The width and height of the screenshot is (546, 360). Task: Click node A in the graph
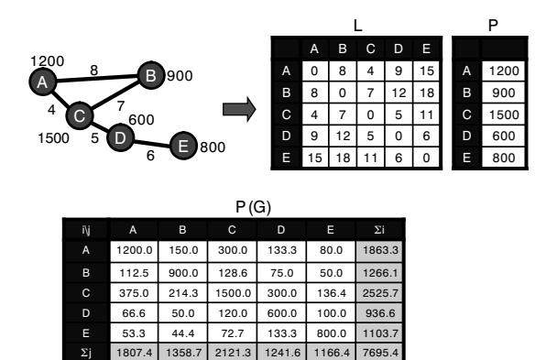click(x=42, y=82)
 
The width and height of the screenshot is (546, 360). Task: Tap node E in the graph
click(x=183, y=146)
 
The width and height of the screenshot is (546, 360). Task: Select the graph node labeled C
click(x=80, y=115)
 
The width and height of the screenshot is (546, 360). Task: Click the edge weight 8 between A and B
click(x=94, y=71)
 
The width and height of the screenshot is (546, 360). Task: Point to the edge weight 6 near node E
click(x=150, y=156)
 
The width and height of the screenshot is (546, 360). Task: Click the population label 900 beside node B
click(x=180, y=76)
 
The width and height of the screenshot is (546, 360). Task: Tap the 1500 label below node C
click(x=53, y=138)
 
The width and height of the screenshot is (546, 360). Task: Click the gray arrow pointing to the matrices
click(x=239, y=109)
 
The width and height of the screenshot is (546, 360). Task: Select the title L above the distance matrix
click(x=357, y=26)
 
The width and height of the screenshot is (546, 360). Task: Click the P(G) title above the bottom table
click(x=253, y=207)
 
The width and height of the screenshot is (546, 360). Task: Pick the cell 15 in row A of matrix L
click(x=426, y=71)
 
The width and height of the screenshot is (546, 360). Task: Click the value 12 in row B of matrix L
click(x=399, y=93)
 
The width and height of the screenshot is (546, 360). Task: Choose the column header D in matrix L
click(x=399, y=49)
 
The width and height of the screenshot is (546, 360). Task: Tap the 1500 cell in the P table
click(x=504, y=115)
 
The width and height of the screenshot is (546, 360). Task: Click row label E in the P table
click(x=466, y=158)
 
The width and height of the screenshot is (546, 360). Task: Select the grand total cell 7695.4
click(x=380, y=353)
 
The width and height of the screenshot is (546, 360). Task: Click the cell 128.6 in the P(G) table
click(x=233, y=273)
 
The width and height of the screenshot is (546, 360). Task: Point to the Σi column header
click(x=379, y=230)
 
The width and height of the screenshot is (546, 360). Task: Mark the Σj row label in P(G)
click(x=86, y=353)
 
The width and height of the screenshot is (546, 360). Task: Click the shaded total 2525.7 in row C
click(x=380, y=293)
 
